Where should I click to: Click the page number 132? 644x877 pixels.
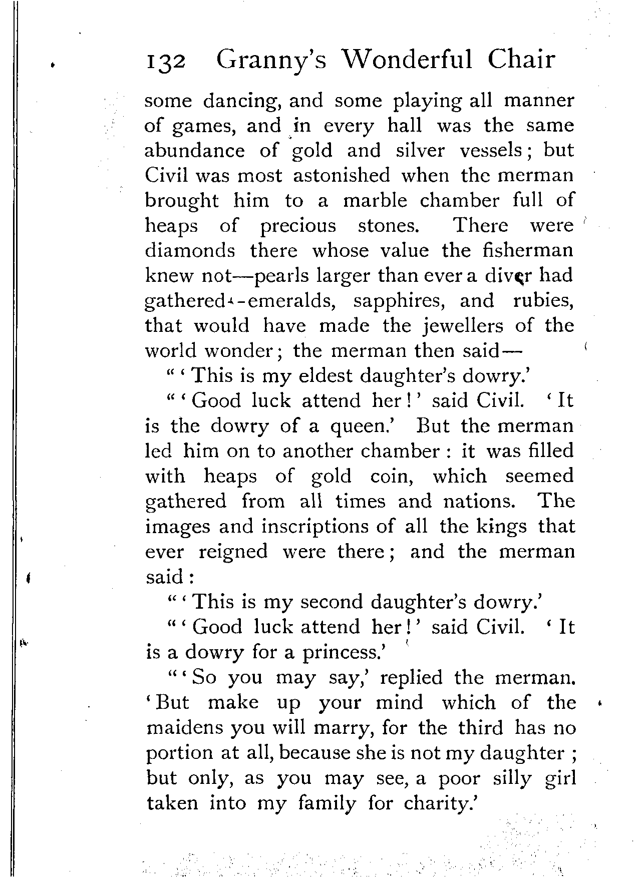[x=165, y=62]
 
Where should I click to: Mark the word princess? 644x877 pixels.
[x=342, y=653]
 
